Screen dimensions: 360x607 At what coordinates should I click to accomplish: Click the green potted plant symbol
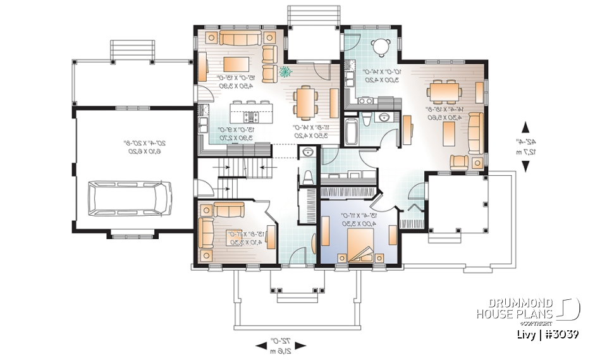tap(286, 71)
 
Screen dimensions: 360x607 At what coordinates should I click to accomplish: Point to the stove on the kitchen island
tap(251, 118)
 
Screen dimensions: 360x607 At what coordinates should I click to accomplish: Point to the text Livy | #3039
tap(545, 334)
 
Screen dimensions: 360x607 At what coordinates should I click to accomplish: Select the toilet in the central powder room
tap(308, 175)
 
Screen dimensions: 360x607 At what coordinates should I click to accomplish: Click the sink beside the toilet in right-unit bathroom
tap(384, 118)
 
